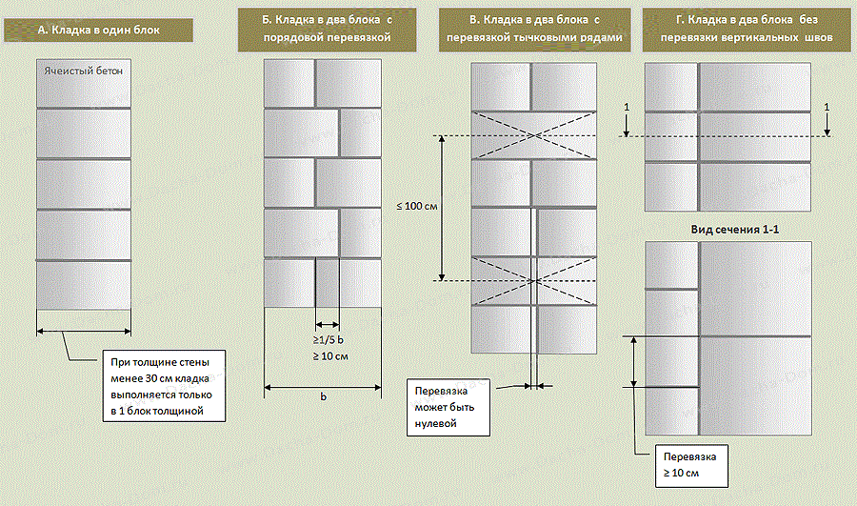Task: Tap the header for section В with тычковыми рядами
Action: (x=533, y=30)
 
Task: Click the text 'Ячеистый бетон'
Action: (x=82, y=71)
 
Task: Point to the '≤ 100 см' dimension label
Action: (x=415, y=207)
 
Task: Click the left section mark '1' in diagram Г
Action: (x=626, y=107)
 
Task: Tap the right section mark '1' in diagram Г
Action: (x=827, y=107)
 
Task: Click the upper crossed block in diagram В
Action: (x=534, y=135)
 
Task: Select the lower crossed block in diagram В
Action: (x=534, y=280)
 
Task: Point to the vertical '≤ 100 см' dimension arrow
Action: (x=441, y=207)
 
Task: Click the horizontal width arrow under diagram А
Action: (x=84, y=332)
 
